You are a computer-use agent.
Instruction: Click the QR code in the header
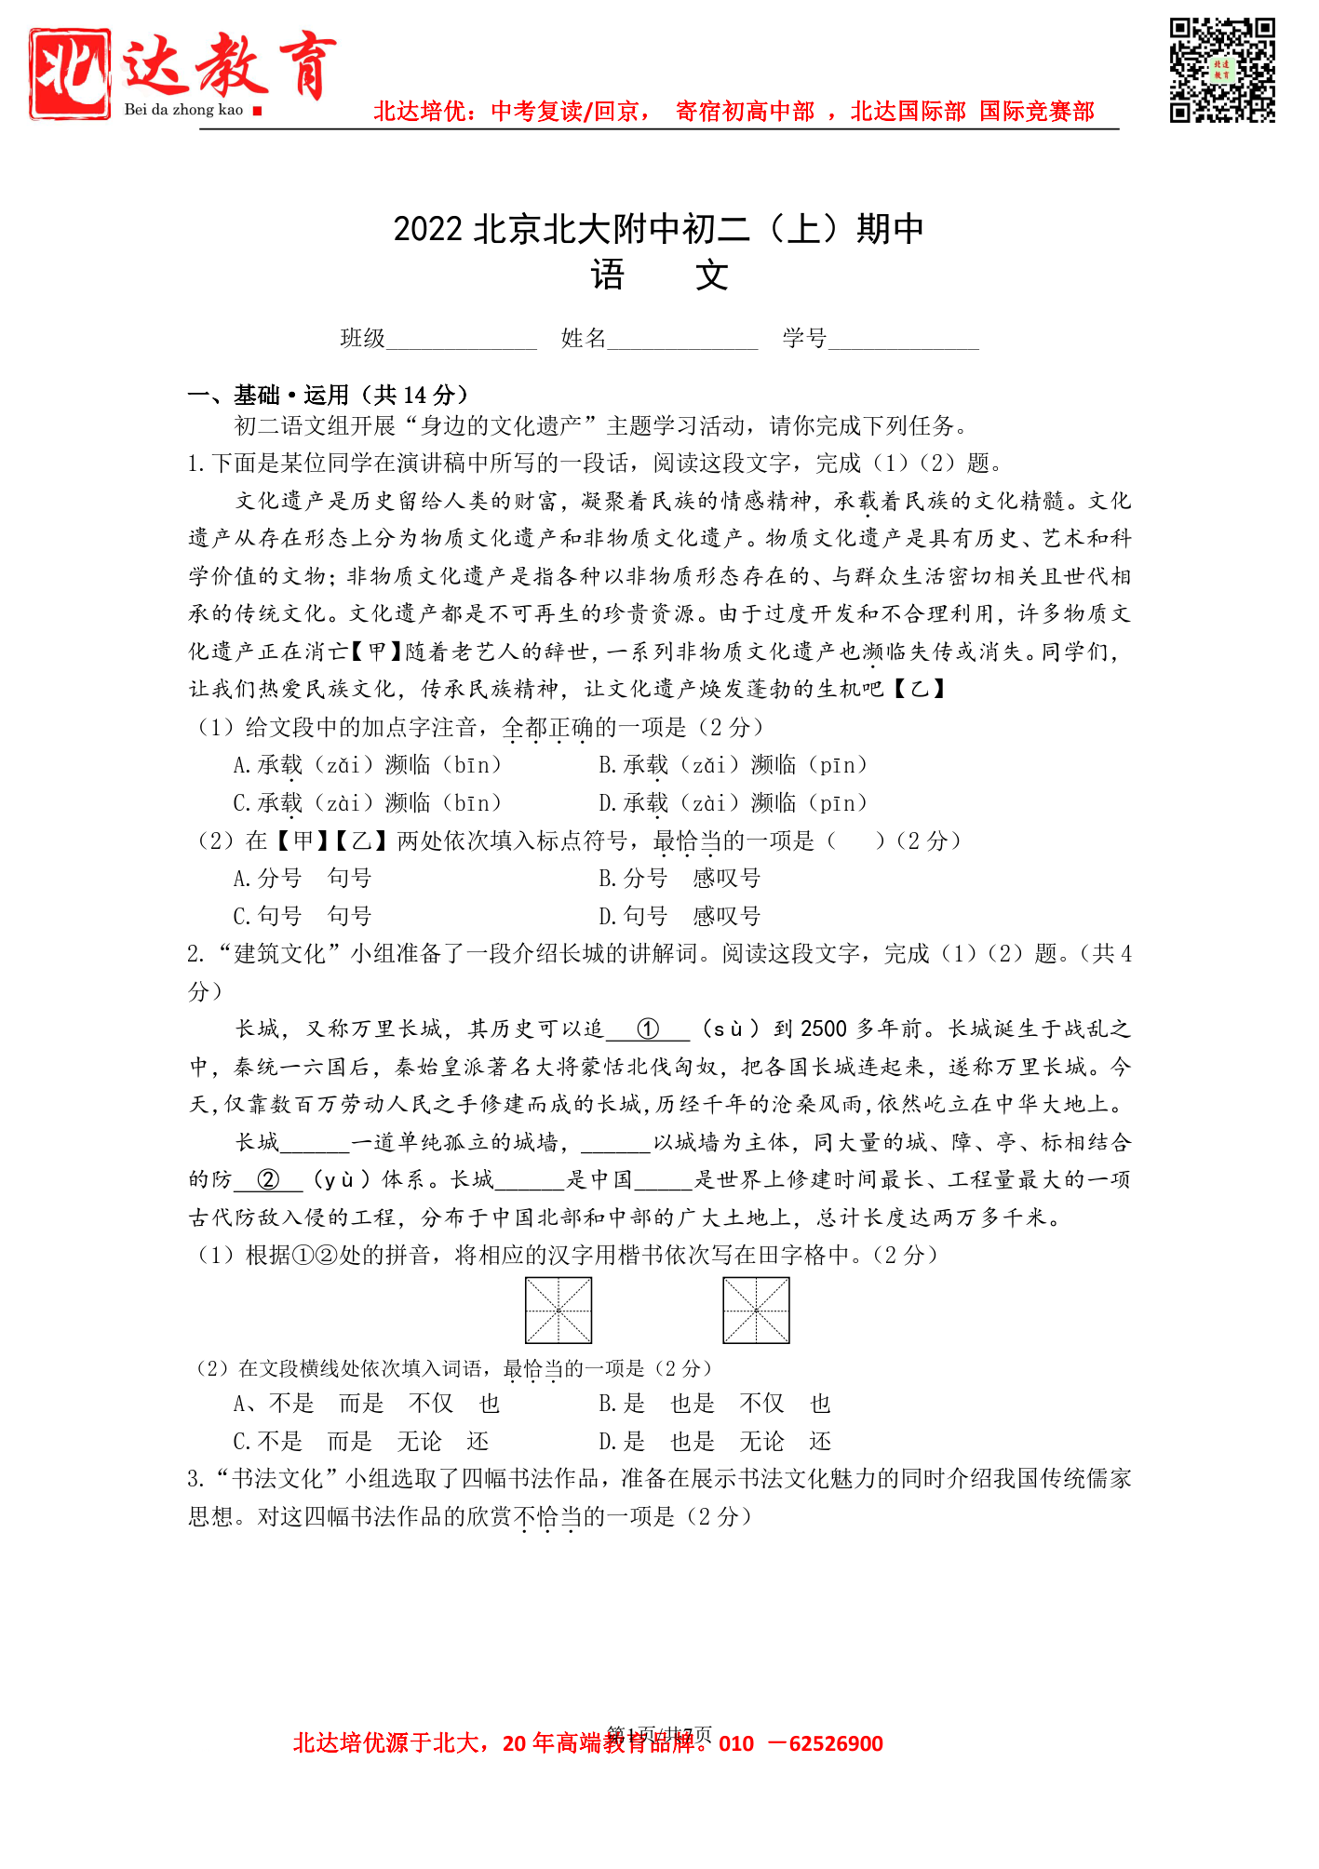click(x=1221, y=70)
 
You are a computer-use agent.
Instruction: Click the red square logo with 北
click(x=70, y=73)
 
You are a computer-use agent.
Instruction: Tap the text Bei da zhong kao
click(x=183, y=110)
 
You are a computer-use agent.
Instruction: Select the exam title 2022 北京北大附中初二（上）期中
click(x=658, y=229)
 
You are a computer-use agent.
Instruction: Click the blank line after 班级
click(x=462, y=341)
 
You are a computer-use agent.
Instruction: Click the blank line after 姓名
click(x=682, y=341)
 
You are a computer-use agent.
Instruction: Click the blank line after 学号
click(x=903, y=341)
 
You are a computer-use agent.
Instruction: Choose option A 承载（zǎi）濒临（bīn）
click(x=368, y=765)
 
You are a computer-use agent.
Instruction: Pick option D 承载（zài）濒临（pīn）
click(x=734, y=803)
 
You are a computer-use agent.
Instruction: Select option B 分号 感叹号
click(x=680, y=879)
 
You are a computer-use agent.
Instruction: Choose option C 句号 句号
click(x=303, y=917)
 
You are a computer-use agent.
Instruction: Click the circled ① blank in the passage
click(x=648, y=1029)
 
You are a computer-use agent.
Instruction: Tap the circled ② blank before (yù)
click(x=268, y=1180)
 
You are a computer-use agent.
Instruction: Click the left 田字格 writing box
click(x=559, y=1311)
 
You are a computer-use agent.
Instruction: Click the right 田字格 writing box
click(x=756, y=1311)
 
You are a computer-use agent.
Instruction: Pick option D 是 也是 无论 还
click(x=715, y=1442)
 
